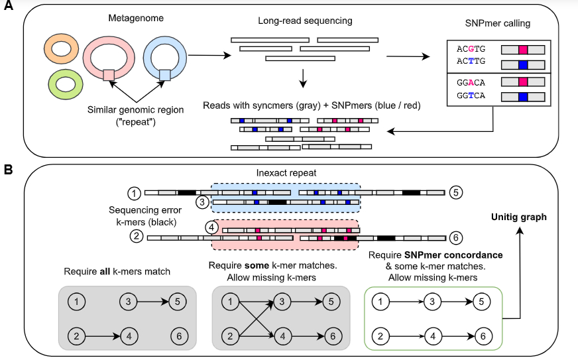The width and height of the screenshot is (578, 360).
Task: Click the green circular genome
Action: point(65,84)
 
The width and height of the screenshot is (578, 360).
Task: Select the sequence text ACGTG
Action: point(471,49)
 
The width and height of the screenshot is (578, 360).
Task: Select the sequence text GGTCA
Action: point(471,97)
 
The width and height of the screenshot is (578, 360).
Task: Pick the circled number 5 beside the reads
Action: point(455,192)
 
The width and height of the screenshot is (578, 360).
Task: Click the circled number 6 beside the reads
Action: point(455,237)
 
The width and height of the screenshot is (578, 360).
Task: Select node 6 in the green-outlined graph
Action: point(484,337)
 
